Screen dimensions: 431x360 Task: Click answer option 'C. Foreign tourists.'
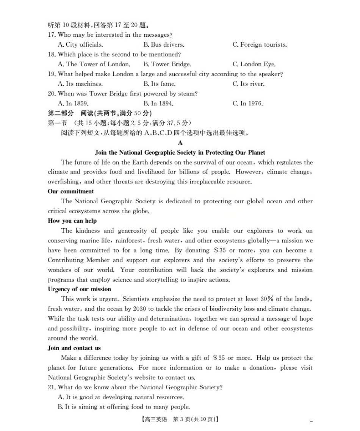[260, 45]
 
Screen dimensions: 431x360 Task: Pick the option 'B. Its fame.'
[159, 84]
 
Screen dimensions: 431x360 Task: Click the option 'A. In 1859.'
[73, 103]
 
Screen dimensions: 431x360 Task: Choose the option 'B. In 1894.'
[158, 103]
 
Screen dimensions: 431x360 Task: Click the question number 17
[52, 35]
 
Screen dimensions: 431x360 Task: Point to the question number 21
[52, 387]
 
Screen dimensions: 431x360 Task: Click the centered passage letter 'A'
[180, 143]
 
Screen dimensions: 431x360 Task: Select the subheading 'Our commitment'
[71, 191]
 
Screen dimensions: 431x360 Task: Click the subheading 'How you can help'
[72, 221]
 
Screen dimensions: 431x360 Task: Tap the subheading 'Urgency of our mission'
[79, 289]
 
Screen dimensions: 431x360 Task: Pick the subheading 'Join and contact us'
[74, 348]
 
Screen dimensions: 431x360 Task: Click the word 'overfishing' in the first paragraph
[63, 182]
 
